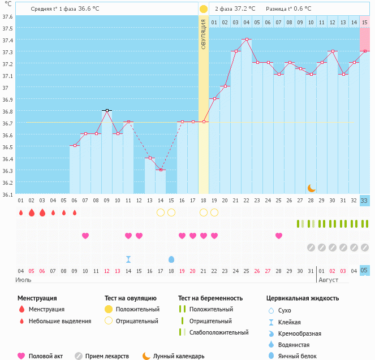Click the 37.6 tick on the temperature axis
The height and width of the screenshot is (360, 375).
pos(7,16)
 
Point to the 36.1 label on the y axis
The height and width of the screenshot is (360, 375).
pos(7,194)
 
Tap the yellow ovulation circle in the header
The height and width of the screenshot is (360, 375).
pos(203,9)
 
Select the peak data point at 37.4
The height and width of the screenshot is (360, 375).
pos(247,40)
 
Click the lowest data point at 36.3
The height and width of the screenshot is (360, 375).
pos(161,170)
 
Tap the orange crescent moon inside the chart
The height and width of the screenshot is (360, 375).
pos(311,188)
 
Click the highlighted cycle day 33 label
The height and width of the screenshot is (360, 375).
pos(364,201)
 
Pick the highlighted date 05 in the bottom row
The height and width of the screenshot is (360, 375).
pos(364,271)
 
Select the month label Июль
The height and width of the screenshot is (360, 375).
pos(23,280)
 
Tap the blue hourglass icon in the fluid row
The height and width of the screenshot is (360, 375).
pos(128,259)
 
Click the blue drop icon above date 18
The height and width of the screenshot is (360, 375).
pos(171,259)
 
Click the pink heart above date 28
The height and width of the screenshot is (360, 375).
pos(279,236)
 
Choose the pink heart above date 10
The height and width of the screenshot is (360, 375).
pos(85,236)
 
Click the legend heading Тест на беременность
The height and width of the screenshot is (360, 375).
pos(210,298)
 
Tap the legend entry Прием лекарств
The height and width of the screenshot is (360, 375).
pos(107,356)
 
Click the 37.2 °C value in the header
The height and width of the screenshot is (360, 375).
pos(245,9)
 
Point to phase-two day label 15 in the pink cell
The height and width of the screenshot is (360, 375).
pos(364,22)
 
